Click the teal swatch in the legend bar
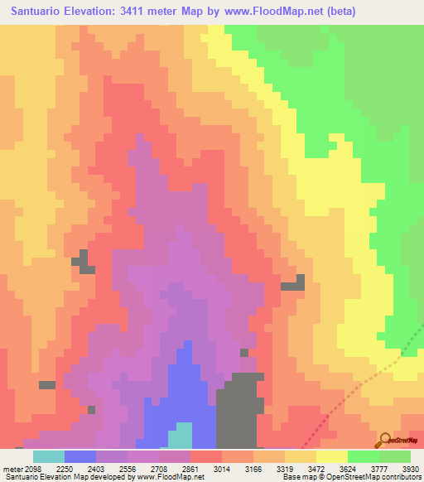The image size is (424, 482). point(48,455)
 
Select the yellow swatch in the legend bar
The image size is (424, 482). point(331,455)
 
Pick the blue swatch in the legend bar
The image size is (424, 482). point(79,455)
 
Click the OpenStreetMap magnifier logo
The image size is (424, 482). point(386,440)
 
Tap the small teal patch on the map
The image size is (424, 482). point(180,436)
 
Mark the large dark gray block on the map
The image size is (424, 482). point(237,411)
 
